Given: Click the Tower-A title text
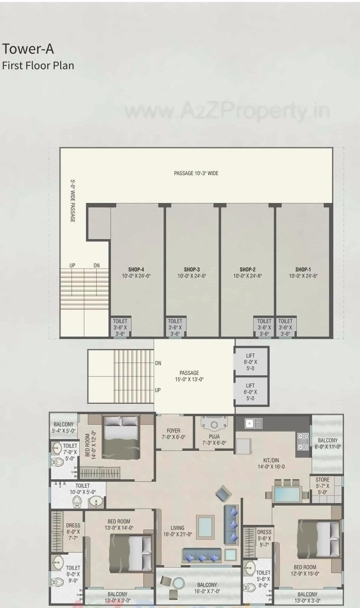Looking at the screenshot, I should click(28, 49).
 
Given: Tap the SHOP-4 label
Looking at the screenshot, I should click(136, 270).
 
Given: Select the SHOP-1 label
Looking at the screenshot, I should click(303, 270).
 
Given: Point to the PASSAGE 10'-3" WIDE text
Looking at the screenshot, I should click(196, 173).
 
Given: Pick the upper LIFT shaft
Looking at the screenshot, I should click(251, 362).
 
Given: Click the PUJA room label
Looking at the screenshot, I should click(214, 437).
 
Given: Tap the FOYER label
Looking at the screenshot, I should click(173, 431).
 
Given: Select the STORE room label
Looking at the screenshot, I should click(323, 480).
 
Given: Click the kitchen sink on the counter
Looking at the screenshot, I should click(253, 423).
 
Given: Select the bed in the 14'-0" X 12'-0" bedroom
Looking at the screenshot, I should click(121, 437).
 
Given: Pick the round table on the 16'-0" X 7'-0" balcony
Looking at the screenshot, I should click(179, 583).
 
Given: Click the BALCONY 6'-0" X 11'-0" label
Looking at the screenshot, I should click(328, 443).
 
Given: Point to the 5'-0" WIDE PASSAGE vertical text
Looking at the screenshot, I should click(73, 201).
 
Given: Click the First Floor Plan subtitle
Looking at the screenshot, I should click(38, 65).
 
